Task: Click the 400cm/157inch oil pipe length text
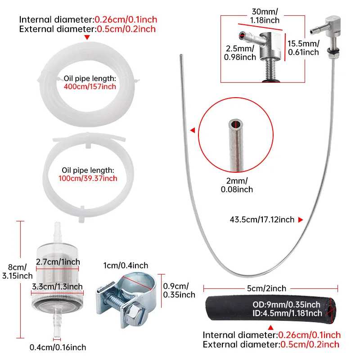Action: pyautogui.click(x=90, y=86)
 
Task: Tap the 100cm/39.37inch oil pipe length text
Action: pyautogui.click(x=88, y=178)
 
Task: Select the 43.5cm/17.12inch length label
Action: pyautogui.click(x=262, y=220)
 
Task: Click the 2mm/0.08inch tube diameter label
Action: pyautogui.click(x=237, y=185)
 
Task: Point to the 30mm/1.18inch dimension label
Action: pyautogui.click(x=265, y=16)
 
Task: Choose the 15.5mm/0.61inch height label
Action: pyautogui.click(x=303, y=48)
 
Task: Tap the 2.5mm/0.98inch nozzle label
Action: pyautogui.click(x=240, y=53)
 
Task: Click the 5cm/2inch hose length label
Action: pyautogui.click(x=266, y=288)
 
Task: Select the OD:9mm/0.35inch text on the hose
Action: pyautogui.click(x=286, y=305)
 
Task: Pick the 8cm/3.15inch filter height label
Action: pyautogui.click(x=18, y=271)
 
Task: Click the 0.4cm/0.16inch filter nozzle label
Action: pyautogui.click(x=58, y=347)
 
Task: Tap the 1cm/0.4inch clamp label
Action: pyautogui.click(x=126, y=265)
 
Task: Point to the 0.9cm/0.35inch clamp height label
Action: pyautogui.click(x=179, y=290)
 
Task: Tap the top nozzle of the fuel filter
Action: pyautogui.click(x=58, y=232)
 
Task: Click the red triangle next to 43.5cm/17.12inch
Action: pyautogui.click(x=301, y=220)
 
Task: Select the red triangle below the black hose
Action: pyautogui.click(x=271, y=328)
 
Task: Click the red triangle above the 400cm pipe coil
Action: pyautogui.click(x=87, y=37)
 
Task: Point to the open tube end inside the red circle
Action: pyautogui.click(x=235, y=124)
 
